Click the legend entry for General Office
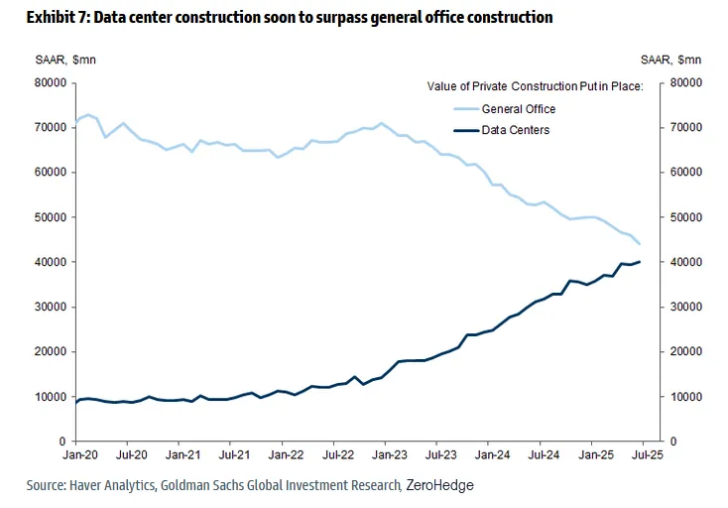click(x=519, y=109)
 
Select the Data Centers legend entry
click(x=516, y=130)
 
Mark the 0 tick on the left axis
click(x=61, y=442)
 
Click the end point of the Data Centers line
click(x=640, y=262)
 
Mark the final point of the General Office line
click(x=640, y=244)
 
